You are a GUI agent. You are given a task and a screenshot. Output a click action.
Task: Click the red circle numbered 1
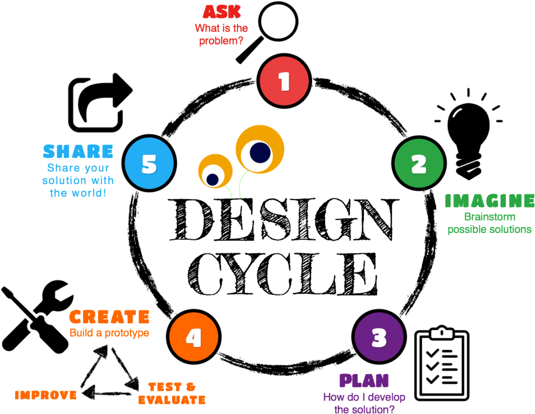coord(284,81)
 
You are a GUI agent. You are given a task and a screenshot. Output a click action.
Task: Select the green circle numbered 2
coord(419,164)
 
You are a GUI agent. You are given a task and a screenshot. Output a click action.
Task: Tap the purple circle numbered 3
coord(379,337)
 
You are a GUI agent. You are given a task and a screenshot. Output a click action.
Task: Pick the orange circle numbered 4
coord(194,337)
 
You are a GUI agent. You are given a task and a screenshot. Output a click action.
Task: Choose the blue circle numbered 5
coord(149,164)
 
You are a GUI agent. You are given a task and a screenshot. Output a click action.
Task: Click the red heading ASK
coord(222,12)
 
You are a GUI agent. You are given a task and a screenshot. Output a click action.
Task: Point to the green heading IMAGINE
coord(490,201)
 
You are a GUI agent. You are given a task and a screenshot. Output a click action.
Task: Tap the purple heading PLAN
coord(364,380)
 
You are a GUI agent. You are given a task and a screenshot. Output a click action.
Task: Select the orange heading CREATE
coord(109,317)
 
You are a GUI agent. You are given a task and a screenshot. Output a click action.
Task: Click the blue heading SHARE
coord(78,151)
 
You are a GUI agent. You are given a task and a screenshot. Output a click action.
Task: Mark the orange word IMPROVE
coord(46,395)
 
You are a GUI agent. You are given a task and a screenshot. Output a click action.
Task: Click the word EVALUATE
coord(172,400)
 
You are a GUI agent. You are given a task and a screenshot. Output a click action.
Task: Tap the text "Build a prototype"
coord(109,333)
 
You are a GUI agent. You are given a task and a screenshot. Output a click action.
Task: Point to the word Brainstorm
coord(490,217)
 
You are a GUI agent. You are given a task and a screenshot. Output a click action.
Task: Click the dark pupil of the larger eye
coord(260,152)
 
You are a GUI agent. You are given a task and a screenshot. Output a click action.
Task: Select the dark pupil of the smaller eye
coord(213,179)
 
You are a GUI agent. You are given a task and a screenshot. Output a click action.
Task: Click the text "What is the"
coord(222,28)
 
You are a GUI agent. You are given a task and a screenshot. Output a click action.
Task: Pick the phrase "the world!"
coord(78,193)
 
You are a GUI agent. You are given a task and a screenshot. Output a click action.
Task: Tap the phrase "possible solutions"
coord(490,230)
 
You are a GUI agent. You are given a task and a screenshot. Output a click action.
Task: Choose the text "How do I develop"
coord(364,397)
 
